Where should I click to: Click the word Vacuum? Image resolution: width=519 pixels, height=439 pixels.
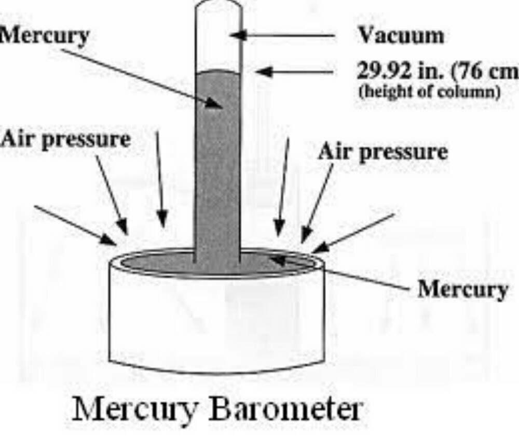coord(401,36)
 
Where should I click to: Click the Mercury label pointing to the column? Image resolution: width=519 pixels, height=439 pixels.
coord(44,36)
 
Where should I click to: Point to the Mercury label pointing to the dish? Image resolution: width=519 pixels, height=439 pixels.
coord(462,289)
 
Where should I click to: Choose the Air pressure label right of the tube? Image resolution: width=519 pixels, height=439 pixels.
coord(383,152)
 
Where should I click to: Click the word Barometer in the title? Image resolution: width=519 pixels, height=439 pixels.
coord(284,410)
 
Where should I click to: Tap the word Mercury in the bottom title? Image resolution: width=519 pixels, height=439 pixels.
coord(135,410)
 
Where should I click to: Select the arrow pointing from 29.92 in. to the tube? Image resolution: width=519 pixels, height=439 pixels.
coord(296,72)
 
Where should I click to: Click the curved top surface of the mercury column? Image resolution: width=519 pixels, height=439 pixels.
coord(218,73)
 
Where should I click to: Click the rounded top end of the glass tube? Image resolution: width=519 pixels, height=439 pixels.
coord(218,4)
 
